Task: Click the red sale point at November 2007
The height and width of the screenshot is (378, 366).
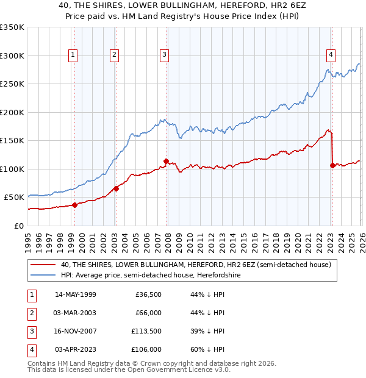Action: tap(166, 161)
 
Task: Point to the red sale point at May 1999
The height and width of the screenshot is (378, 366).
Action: tap(74, 205)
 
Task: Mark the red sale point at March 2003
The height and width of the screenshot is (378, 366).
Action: tap(116, 188)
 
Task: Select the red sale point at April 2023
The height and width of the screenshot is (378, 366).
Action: tap(332, 165)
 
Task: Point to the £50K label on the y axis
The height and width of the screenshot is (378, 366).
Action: tap(14, 198)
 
